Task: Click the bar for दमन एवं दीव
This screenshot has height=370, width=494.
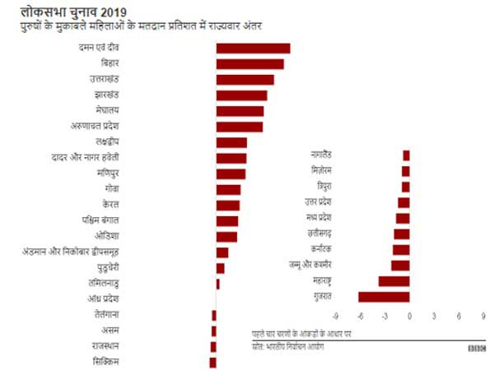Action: click(253, 49)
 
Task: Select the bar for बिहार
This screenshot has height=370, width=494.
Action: click(249, 64)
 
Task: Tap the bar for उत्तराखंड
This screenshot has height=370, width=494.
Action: click(245, 80)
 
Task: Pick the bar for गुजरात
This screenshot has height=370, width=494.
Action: click(384, 297)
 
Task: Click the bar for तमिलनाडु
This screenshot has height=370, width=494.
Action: click(218, 284)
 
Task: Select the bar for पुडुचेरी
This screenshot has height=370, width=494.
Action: click(221, 268)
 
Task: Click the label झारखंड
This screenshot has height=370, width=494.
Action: click(106, 95)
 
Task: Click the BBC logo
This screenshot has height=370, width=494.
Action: click(476, 347)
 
